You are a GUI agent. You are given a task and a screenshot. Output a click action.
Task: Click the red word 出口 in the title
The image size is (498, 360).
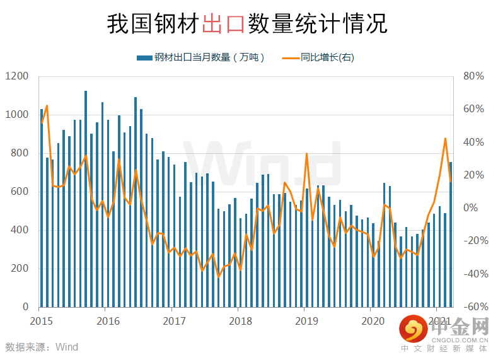tap(223, 23)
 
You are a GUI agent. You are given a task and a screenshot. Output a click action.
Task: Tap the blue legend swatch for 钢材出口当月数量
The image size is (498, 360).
tap(144, 58)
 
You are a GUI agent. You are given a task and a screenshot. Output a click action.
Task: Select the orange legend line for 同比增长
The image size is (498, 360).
tap(291, 58)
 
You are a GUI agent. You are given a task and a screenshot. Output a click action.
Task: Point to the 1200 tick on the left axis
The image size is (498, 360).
tap(17, 76)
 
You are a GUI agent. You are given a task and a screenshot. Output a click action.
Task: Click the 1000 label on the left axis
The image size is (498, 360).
tap(17, 115)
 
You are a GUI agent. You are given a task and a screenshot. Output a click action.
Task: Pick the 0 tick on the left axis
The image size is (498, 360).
tap(26, 307)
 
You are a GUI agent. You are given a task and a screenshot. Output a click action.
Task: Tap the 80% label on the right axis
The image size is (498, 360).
tap(473, 76)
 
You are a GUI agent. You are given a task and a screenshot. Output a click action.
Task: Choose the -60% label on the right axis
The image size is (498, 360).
tap(476, 307)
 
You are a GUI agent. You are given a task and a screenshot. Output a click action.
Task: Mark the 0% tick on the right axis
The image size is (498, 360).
tap(470, 208)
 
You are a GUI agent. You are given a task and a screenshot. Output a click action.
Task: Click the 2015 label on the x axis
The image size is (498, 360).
tap(41, 322)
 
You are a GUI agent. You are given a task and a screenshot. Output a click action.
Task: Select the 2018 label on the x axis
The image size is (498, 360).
tap(240, 322)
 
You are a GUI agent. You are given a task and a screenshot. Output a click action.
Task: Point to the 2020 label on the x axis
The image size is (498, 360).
tap(373, 322)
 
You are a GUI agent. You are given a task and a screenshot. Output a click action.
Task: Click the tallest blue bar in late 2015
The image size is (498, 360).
tap(86, 199)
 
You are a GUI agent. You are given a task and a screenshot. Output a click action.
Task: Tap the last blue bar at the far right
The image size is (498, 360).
tap(451, 235)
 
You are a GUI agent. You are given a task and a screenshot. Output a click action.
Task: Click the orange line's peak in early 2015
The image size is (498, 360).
tap(47, 105)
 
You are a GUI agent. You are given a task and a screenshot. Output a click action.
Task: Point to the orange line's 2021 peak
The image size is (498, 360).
tap(445, 139)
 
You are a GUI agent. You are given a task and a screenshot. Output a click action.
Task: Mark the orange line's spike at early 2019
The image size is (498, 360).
tap(306, 154)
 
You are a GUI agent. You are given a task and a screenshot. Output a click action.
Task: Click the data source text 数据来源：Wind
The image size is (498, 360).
tap(42, 347)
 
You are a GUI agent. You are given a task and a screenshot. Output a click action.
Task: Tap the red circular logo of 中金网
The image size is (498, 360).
tap(414, 328)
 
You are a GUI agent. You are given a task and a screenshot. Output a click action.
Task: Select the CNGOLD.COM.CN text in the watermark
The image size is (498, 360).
tap(460, 340)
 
